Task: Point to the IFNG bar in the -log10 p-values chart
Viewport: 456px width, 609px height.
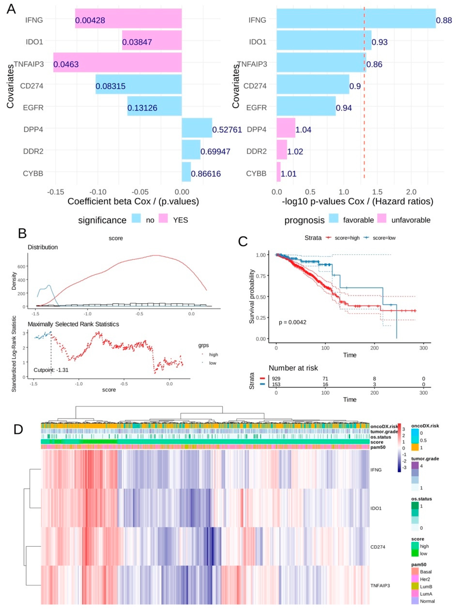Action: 356,18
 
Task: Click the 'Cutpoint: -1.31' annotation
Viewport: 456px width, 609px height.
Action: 51,370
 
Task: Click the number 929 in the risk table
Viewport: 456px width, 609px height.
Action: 276,379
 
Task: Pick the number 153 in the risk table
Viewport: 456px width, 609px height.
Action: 276,384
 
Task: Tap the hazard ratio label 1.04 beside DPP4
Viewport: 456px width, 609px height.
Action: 303,130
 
